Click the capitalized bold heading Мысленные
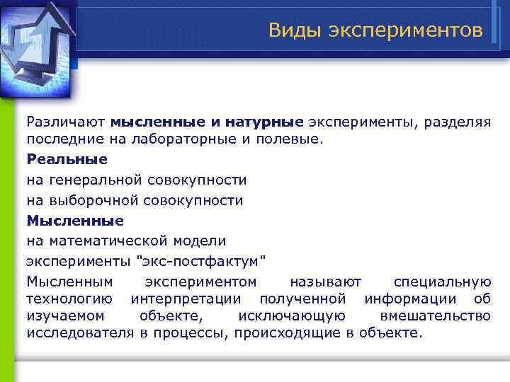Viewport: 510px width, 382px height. click(75, 221)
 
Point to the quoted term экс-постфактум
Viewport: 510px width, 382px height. click(201, 262)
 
